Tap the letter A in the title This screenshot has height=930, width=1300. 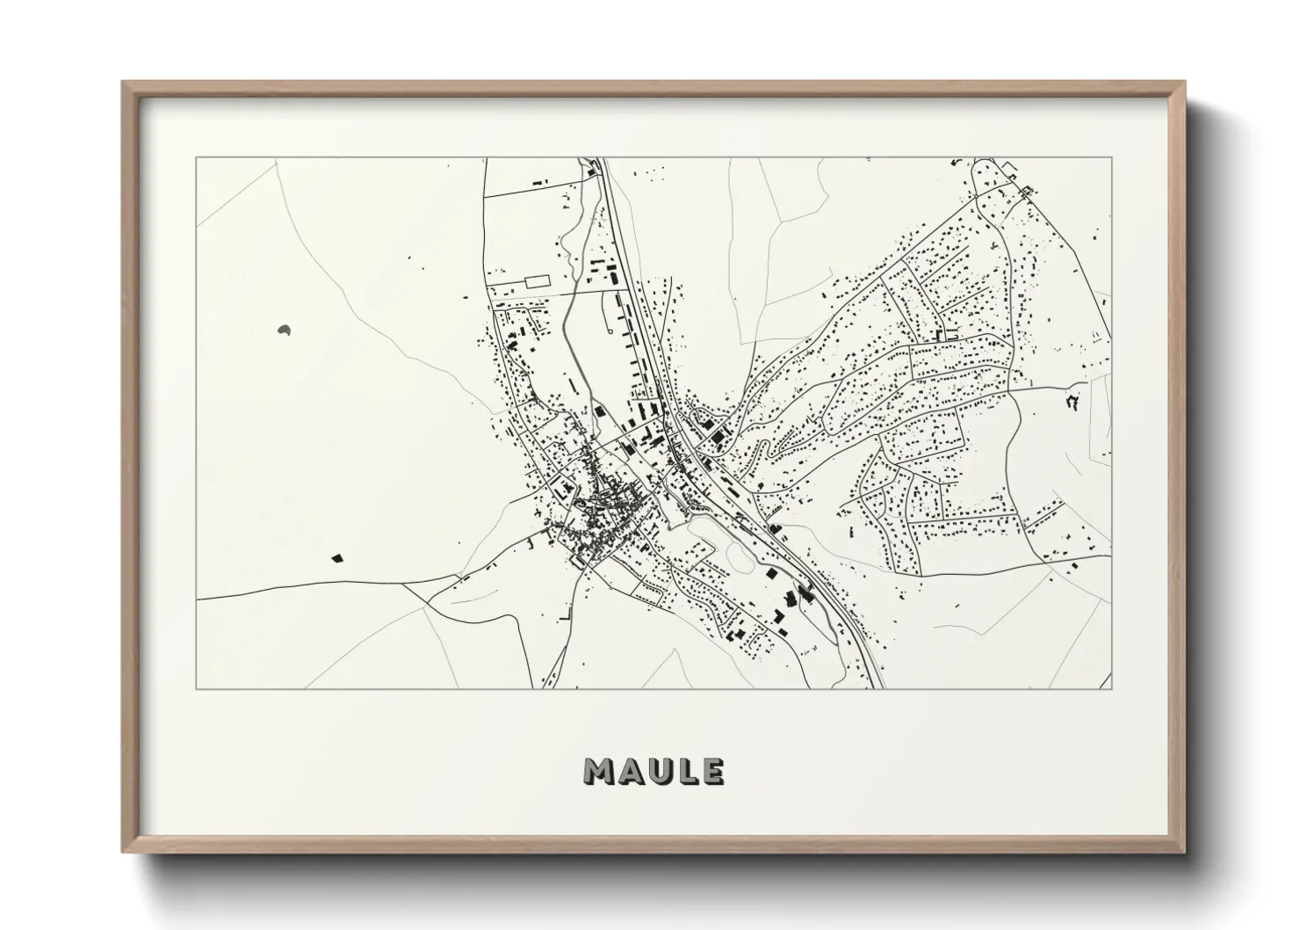click(x=630, y=771)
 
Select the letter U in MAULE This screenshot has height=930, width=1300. click(x=659, y=771)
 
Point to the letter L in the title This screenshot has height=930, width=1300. click(x=687, y=771)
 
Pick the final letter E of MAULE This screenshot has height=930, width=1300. click(x=712, y=771)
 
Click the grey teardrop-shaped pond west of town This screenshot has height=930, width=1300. click(x=284, y=331)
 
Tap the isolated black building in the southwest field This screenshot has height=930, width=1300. click(x=336, y=556)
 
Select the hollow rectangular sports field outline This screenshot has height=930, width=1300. click(x=536, y=281)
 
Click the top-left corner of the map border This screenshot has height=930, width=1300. click(x=196, y=158)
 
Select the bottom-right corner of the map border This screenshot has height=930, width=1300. click(x=1111, y=688)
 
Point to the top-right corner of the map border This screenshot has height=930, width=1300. click(x=1111, y=158)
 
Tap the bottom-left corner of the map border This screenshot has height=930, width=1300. click(x=196, y=688)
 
